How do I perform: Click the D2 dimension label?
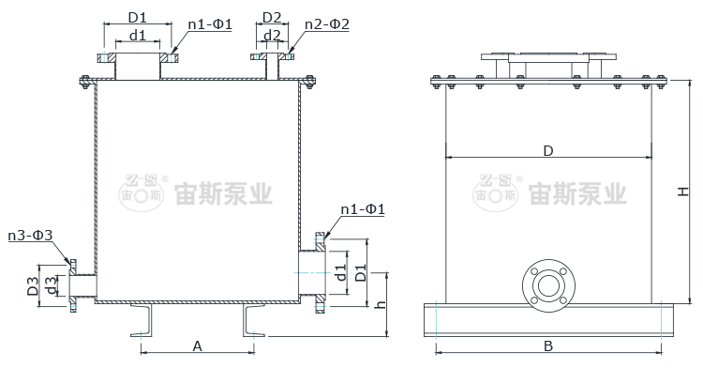coord(272,18)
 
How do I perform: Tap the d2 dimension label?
coord(272,35)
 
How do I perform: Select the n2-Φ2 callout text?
coord(327,23)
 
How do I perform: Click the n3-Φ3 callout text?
coord(31,235)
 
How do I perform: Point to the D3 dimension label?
coord(32,286)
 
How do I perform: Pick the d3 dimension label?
coord(52,286)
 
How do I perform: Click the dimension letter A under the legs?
coord(197,346)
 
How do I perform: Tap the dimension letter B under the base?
coord(548,346)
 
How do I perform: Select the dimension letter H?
coord(682,192)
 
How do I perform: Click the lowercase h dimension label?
coord(381,304)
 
